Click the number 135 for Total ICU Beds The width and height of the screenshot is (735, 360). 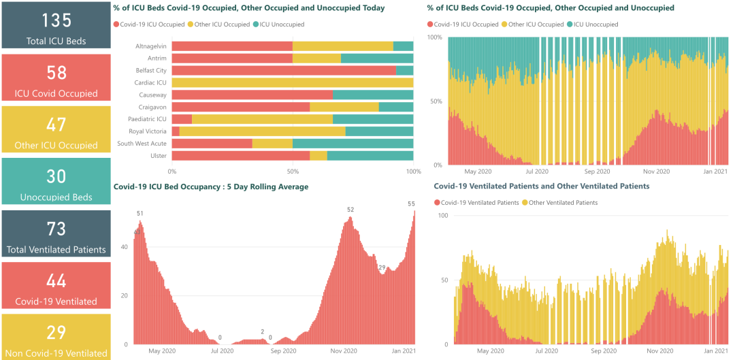(x=56, y=19)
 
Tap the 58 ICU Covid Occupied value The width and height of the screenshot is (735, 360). (x=56, y=72)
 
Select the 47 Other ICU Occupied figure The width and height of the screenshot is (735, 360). (x=56, y=125)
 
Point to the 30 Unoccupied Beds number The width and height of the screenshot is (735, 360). (x=56, y=176)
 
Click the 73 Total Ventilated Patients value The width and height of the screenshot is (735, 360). (x=56, y=229)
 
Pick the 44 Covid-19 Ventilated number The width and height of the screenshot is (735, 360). (x=56, y=280)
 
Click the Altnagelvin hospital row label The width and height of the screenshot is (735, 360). (x=150, y=46)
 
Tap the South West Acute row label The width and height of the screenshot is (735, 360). (x=142, y=144)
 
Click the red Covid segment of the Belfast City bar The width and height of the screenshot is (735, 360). (x=283, y=70)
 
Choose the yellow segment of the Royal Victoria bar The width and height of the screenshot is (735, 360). (x=262, y=131)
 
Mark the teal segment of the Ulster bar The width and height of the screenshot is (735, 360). (x=370, y=156)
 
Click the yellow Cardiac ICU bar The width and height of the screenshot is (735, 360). (x=293, y=82)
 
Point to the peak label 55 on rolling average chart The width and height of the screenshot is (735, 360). (x=411, y=204)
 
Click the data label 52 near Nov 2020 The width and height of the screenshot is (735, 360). (x=350, y=210)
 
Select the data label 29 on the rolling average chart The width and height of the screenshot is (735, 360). (x=382, y=267)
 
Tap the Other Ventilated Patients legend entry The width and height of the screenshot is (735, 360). (x=562, y=203)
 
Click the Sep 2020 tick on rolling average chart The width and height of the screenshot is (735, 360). (x=283, y=351)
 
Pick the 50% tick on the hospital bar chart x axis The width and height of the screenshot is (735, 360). (x=293, y=171)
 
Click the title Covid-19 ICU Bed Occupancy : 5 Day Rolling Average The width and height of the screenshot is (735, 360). (x=211, y=186)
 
